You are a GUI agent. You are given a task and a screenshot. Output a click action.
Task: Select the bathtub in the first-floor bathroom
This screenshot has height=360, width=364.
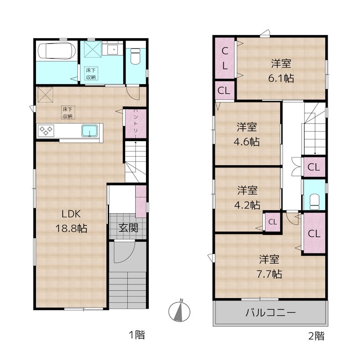(x=55, y=51)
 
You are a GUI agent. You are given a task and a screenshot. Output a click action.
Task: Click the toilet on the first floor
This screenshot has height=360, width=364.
(x=135, y=56)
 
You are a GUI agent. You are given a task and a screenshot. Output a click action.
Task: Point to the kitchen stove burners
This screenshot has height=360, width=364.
(x=45, y=131)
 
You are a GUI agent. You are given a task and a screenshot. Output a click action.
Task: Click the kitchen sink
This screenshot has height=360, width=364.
(x=90, y=131)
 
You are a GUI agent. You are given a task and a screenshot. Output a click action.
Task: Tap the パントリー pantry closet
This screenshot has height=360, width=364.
(x=135, y=123)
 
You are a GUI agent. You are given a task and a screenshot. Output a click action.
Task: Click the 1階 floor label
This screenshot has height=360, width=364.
(x=136, y=336)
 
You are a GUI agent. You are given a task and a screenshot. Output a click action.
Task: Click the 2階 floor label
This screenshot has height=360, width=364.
(x=317, y=336)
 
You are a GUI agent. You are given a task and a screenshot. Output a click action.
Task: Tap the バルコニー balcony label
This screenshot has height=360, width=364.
(x=271, y=313)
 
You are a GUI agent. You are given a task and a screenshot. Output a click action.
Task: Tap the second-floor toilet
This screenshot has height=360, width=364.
(x=314, y=199)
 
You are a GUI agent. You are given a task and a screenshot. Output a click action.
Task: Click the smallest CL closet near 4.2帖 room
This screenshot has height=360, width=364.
(x=272, y=222)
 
